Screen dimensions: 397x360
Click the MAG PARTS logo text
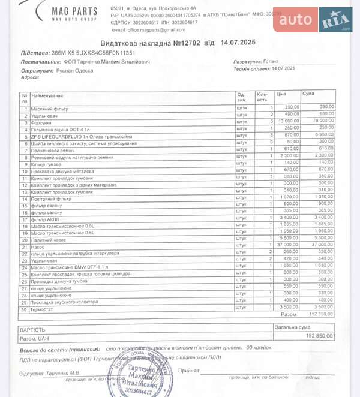click(74, 12)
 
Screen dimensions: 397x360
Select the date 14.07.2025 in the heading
click(238, 43)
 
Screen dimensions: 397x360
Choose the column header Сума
click(308, 94)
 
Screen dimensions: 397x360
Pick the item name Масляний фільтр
click(51, 109)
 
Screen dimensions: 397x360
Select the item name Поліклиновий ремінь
click(55, 149)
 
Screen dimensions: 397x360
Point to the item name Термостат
click(43, 309)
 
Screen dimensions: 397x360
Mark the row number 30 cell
click(25, 309)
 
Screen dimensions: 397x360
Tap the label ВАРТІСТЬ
click(33, 329)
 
